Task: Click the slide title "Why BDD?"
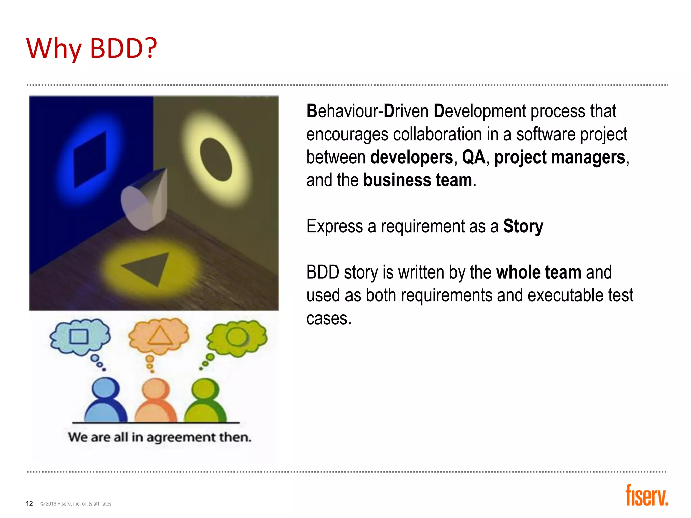[x=91, y=48]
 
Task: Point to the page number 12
[x=29, y=503]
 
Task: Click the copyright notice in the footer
[x=77, y=504]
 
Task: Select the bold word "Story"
[x=523, y=226]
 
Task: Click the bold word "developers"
[x=412, y=157]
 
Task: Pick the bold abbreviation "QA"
[x=473, y=157]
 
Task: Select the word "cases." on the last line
[x=329, y=318]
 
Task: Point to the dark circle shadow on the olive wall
[x=216, y=159]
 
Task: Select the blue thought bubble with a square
[x=80, y=336]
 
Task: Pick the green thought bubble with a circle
[x=237, y=337]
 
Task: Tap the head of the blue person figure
[x=106, y=388]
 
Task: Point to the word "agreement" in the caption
[x=181, y=437]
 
